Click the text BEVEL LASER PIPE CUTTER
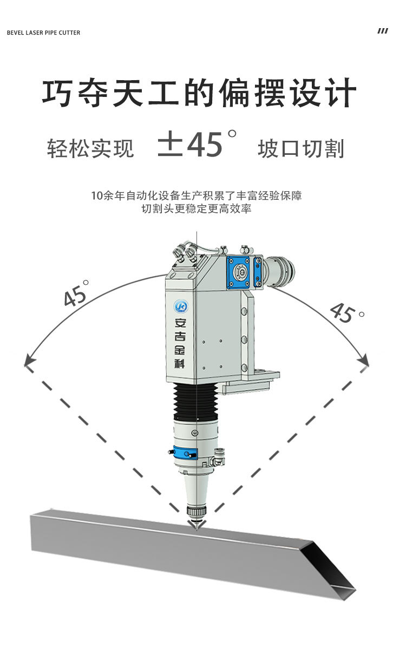point(43,32)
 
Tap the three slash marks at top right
point(383,31)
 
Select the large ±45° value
point(198,145)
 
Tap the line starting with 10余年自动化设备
point(197,195)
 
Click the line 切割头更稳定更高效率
point(197,209)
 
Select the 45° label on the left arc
point(76,294)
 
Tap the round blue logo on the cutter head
point(180,306)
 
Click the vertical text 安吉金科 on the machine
point(180,343)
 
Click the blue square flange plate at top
point(239,272)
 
